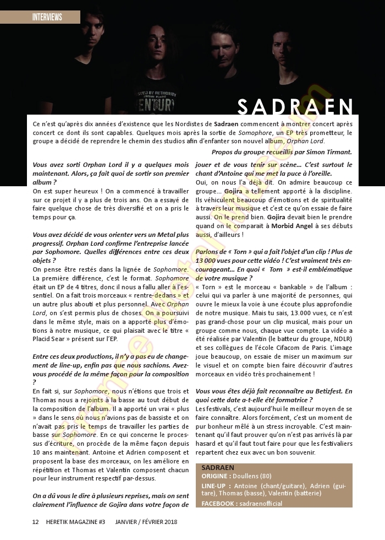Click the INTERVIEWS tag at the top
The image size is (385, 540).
point(47,17)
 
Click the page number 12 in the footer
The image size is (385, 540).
point(35,522)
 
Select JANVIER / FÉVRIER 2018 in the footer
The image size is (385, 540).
point(146,522)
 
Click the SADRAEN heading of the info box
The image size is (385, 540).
point(218,467)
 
